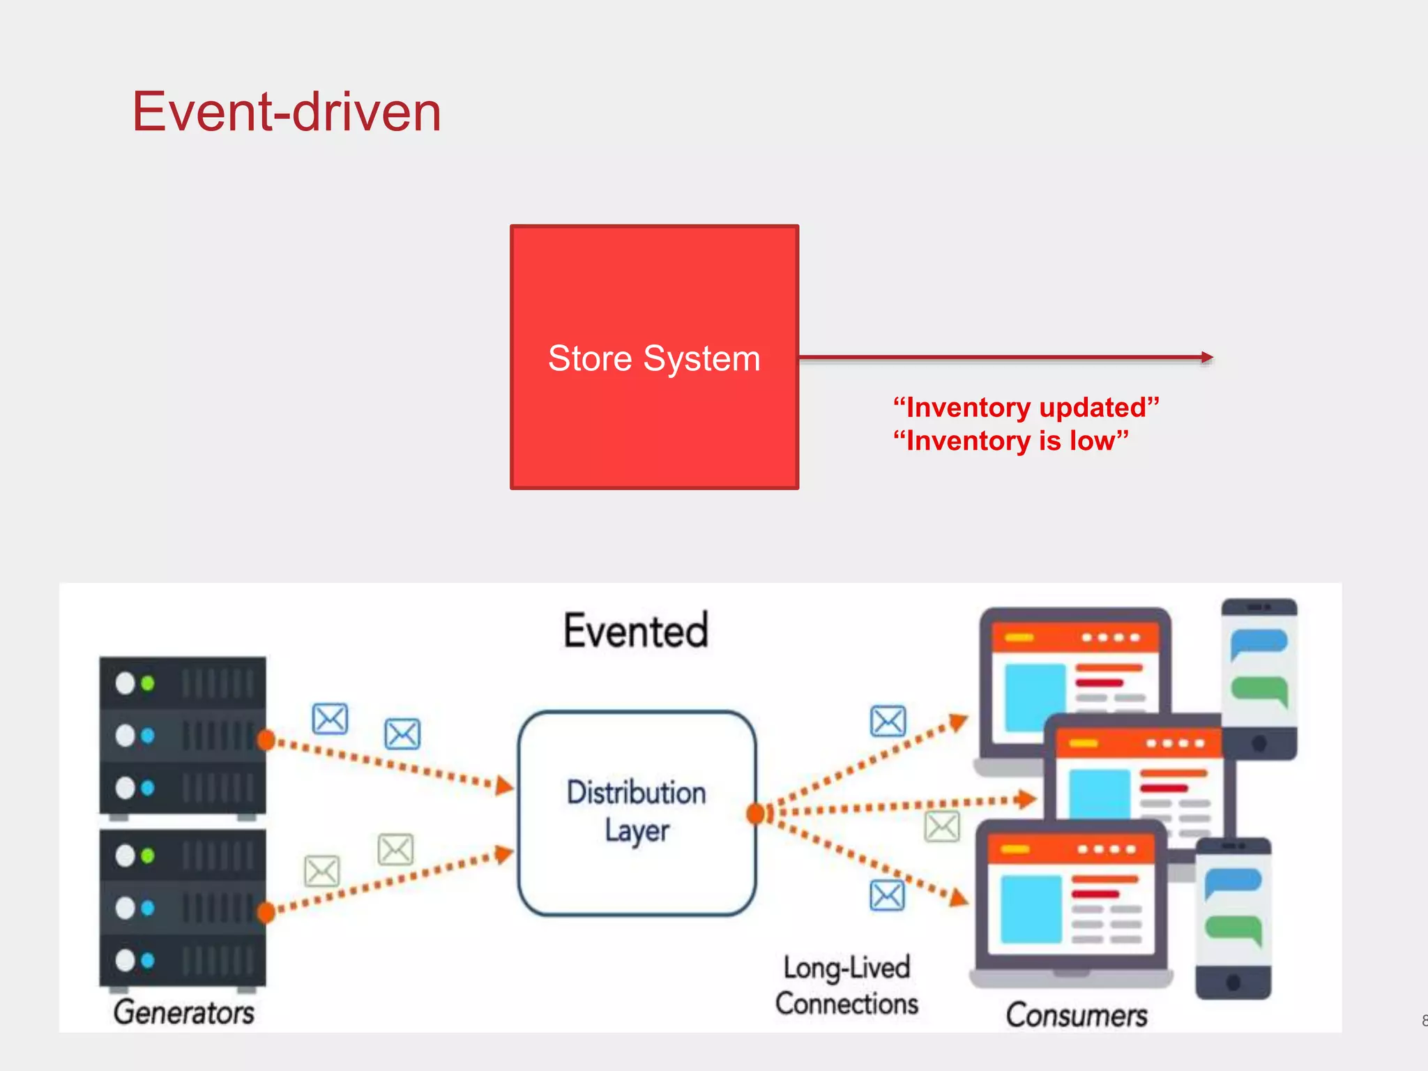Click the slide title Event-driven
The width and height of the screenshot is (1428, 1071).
pyautogui.click(x=287, y=112)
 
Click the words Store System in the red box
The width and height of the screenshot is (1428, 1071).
pyautogui.click(x=653, y=359)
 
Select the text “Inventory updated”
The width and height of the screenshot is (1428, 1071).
pyautogui.click(x=1026, y=407)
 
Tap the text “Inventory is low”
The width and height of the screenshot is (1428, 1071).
pyautogui.click(x=1010, y=441)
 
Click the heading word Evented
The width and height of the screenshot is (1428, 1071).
pyautogui.click(x=635, y=630)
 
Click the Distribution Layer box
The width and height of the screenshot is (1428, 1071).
pyautogui.click(x=637, y=812)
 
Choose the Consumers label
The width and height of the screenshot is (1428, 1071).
pyautogui.click(x=1076, y=1015)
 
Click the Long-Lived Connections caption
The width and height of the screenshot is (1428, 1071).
pyautogui.click(x=846, y=986)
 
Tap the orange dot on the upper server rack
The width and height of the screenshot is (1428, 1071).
pyautogui.click(x=266, y=740)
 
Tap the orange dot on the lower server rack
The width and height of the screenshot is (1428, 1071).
pyautogui.click(x=266, y=912)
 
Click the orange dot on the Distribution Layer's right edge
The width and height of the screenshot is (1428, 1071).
pyautogui.click(x=755, y=813)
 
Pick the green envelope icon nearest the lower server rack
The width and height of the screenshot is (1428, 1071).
pyautogui.click(x=322, y=872)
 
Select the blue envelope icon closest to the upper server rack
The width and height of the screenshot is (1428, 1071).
pyautogui.click(x=330, y=719)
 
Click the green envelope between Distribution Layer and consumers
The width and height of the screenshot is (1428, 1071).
pyautogui.click(x=942, y=827)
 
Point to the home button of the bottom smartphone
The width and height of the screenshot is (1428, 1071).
pyautogui.click(x=1233, y=982)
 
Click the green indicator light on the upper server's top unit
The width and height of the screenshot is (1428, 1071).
pyautogui.click(x=148, y=683)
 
